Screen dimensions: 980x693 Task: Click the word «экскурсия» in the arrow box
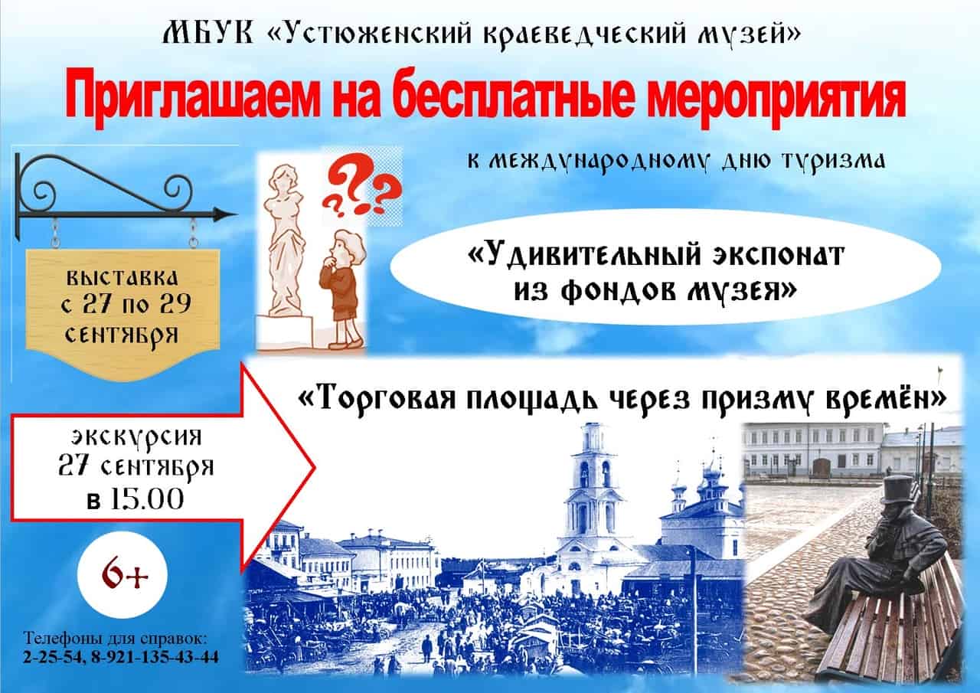coord(136,436)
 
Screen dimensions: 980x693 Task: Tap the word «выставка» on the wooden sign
coord(122,279)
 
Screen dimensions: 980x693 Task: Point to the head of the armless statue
coord(284,177)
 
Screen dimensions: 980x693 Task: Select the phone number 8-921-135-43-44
coord(155,658)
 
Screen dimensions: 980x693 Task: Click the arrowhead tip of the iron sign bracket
coord(237,214)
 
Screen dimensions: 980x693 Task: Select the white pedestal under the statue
coord(285,332)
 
